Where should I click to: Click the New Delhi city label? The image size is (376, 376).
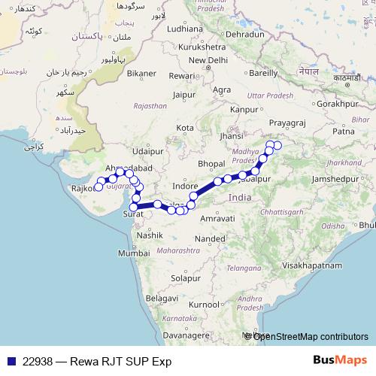point(208,60)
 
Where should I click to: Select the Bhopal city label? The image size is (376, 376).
point(211,163)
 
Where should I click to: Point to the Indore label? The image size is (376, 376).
point(185,184)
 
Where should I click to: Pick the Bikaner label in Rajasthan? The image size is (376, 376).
point(141,74)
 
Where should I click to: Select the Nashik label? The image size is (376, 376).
point(150,235)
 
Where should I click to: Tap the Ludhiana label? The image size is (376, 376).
point(186,29)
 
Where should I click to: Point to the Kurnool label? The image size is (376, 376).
point(205,305)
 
